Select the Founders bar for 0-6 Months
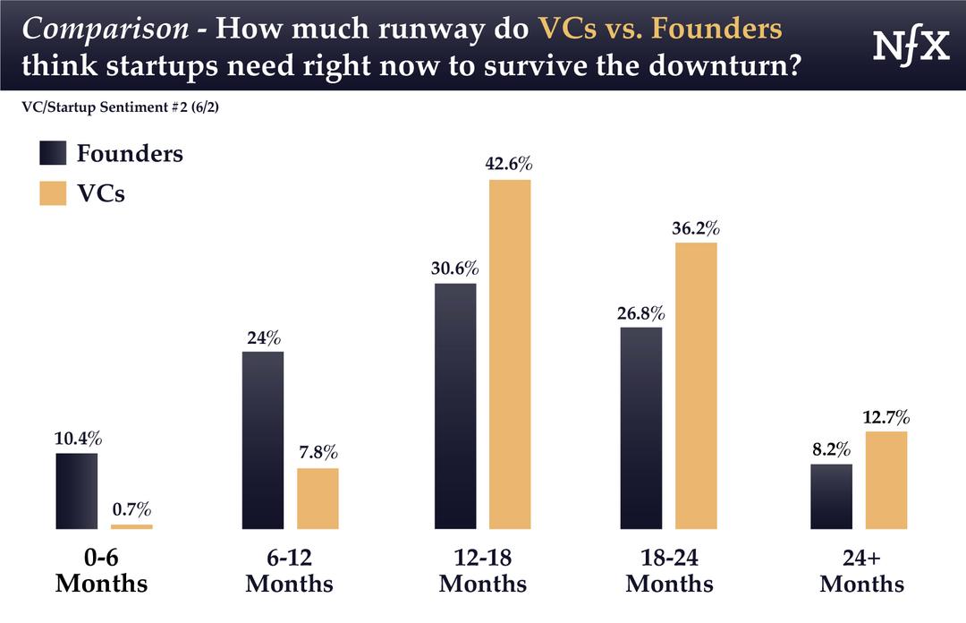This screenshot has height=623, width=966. click(76, 491)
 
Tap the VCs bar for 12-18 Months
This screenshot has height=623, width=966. click(509, 354)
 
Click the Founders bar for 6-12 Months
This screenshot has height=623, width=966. click(263, 440)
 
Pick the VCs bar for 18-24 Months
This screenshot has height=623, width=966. click(696, 385)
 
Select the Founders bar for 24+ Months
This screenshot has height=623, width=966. click(831, 496)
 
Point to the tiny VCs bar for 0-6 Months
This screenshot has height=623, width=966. click(131, 526)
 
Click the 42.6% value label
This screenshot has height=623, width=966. click(509, 165)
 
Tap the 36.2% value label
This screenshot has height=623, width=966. click(696, 228)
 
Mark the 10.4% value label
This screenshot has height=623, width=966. click(77, 439)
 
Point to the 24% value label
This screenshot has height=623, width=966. click(263, 337)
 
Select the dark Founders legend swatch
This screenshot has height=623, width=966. click(54, 154)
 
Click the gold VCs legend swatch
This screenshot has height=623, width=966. click(54, 193)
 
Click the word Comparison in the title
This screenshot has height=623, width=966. click(106, 29)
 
